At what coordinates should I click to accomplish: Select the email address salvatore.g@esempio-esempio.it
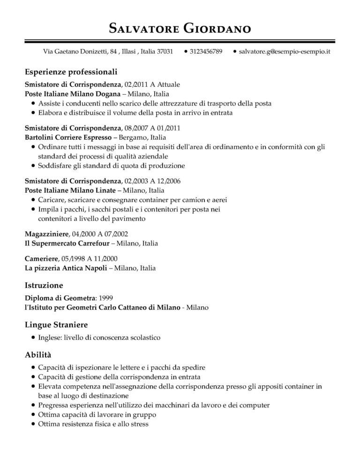(x=285, y=51)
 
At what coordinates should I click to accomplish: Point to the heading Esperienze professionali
(x=71, y=73)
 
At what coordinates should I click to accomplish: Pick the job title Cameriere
(x=41, y=258)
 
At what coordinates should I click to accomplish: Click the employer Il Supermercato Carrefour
(x=67, y=243)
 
